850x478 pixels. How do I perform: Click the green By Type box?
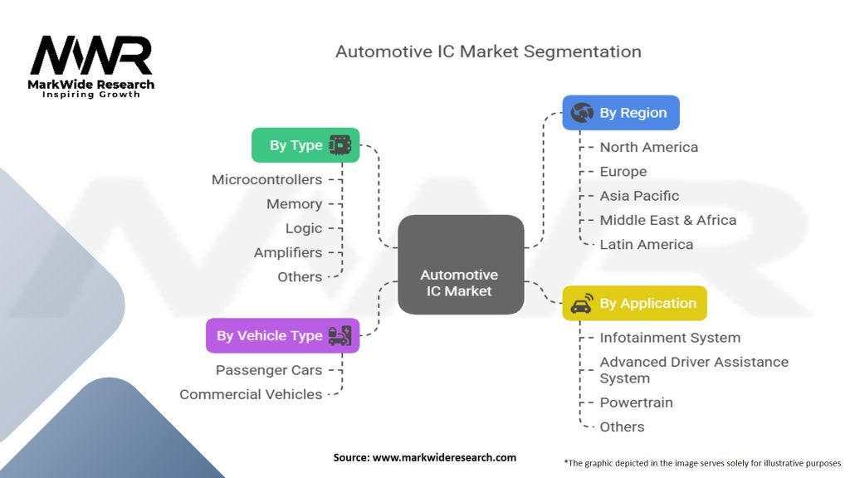click(x=305, y=145)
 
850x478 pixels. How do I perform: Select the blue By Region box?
click(x=621, y=113)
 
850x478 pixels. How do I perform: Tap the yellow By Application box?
click(x=634, y=303)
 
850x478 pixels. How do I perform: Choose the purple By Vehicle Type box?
click(x=282, y=336)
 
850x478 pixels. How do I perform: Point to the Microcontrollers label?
click(x=266, y=179)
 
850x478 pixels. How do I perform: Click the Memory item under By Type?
click(x=294, y=203)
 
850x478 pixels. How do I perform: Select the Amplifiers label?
click(x=287, y=252)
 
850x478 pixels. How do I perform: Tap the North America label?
click(x=648, y=147)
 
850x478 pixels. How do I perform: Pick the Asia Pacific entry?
click(x=639, y=196)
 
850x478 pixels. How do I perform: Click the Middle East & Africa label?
click(x=667, y=220)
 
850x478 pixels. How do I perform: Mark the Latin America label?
click(x=646, y=244)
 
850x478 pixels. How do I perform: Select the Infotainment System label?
click(x=670, y=338)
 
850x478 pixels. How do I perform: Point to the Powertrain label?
click(x=636, y=402)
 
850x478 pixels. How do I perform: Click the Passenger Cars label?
click(x=269, y=370)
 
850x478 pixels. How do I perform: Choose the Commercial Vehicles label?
click(x=251, y=394)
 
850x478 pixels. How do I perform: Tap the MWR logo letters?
click(x=91, y=56)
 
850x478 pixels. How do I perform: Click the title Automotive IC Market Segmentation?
click(x=488, y=51)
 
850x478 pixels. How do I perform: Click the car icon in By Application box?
click(x=582, y=304)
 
